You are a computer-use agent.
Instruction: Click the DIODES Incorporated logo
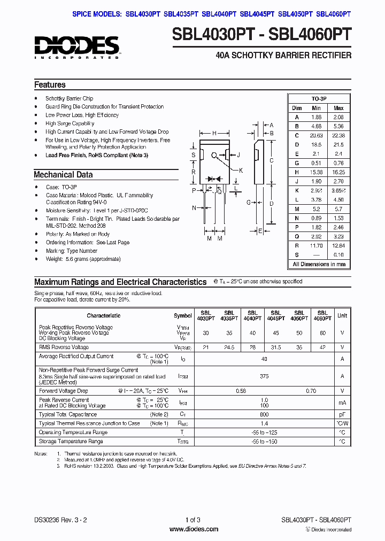pyautogui.click(x=76, y=47)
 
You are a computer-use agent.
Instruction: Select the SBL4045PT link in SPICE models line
pyautogui.click(x=257, y=15)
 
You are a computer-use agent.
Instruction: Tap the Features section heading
pyautogui.click(x=50, y=85)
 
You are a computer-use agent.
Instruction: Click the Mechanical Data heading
pyautogui.click(x=63, y=175)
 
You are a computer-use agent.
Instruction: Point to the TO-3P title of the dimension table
pyautogui.click(x=319, y=99)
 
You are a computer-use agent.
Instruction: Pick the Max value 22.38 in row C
pyautogui.click(x=338, y=135)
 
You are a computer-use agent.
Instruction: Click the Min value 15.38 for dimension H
pyautogui.click(x=316, y=172)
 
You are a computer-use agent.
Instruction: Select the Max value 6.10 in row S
pyautogui.click(x=338, y=255)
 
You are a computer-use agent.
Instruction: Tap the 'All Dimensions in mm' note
pyautogui.click(x=319, y=264)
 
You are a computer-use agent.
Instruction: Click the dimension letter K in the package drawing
pyautogui.click(x=241, y=171)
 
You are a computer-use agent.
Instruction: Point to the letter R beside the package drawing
pyautogui.click(x=193, y=172)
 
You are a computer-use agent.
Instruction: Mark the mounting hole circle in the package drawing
pyautogui.click(x=214, y=156)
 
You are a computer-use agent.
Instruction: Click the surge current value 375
pyautogui.click(x=264, y=376)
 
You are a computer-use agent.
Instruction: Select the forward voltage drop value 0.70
pyautogui.click(x=311, y=391)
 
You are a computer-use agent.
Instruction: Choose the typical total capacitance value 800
pyautogui.click(x=264, y=414)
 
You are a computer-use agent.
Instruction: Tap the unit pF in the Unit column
pyautogui.click(x=342, y=414)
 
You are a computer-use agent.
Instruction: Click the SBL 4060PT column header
pyautogui.click(x=322, y=315)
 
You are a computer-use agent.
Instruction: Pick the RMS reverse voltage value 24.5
pyautogui.click(x=229, y=347)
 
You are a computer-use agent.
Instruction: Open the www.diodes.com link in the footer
pyautogui.click(x=193, y=529)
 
